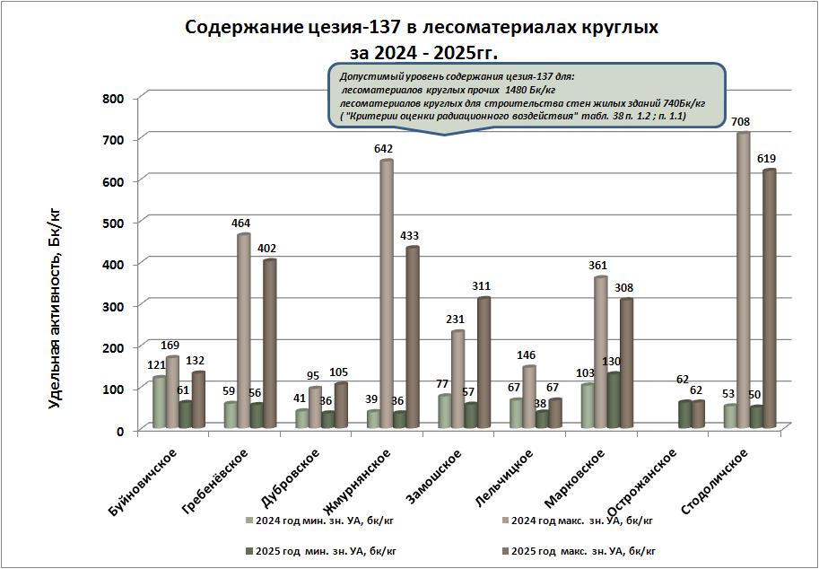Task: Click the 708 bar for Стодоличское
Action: point(743,278)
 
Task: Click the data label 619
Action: point(765,159)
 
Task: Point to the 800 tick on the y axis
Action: point(113,98)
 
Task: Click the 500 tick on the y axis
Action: point(113,222)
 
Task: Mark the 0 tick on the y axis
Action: point(118,430)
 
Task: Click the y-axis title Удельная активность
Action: point(55,305)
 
